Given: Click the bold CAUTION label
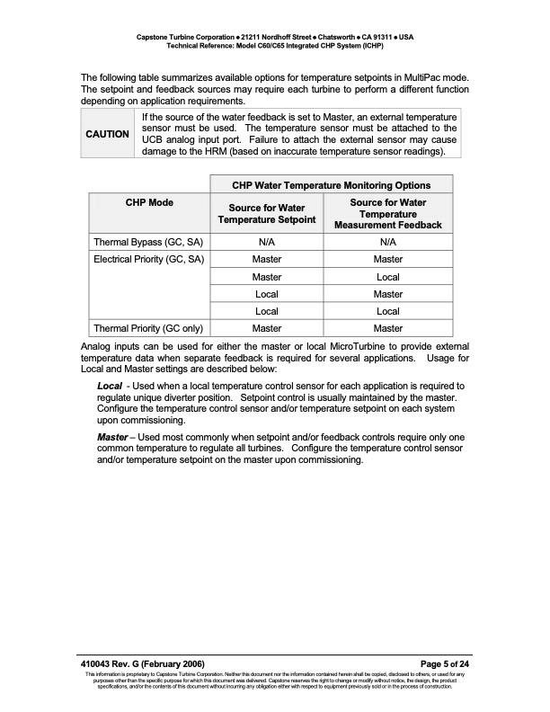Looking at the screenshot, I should tap(108, 134).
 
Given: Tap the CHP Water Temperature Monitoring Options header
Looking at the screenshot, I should tap(331, 185).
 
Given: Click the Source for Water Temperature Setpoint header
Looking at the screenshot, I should tap(267, 214).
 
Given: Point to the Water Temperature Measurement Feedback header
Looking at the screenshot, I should tap(388, 214).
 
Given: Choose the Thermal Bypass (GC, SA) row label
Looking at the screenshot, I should tap(147, 243).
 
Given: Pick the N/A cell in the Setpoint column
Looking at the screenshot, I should tap(267, 243).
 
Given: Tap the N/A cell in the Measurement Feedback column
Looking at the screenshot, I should tap(388, 243).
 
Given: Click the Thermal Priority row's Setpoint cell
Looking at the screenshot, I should tap(267, 328).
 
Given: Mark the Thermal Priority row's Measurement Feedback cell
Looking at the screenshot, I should tap(388, 328).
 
